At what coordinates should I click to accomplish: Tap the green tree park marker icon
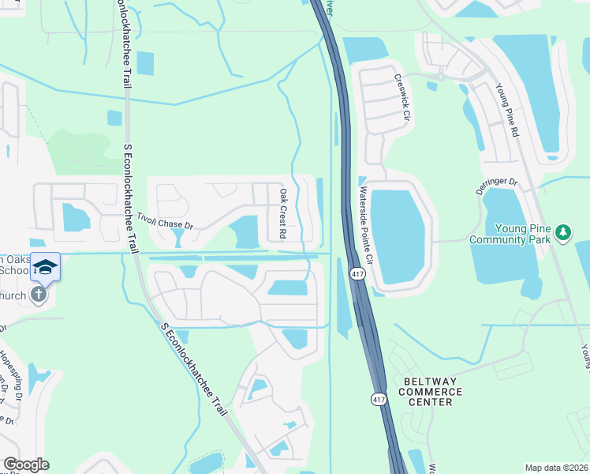click(562, 232)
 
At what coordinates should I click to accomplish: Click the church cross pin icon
click(38, 295)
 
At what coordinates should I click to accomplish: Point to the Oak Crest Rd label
click(282, 213)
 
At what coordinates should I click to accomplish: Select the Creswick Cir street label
click(404, 98)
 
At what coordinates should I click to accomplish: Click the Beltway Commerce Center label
click(431, 391)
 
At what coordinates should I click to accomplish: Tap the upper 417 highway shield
click(356, 273)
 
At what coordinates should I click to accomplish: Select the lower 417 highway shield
click(378, 401)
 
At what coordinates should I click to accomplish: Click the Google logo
click(26, 465)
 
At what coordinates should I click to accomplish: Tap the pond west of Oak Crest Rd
click(245, 231)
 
